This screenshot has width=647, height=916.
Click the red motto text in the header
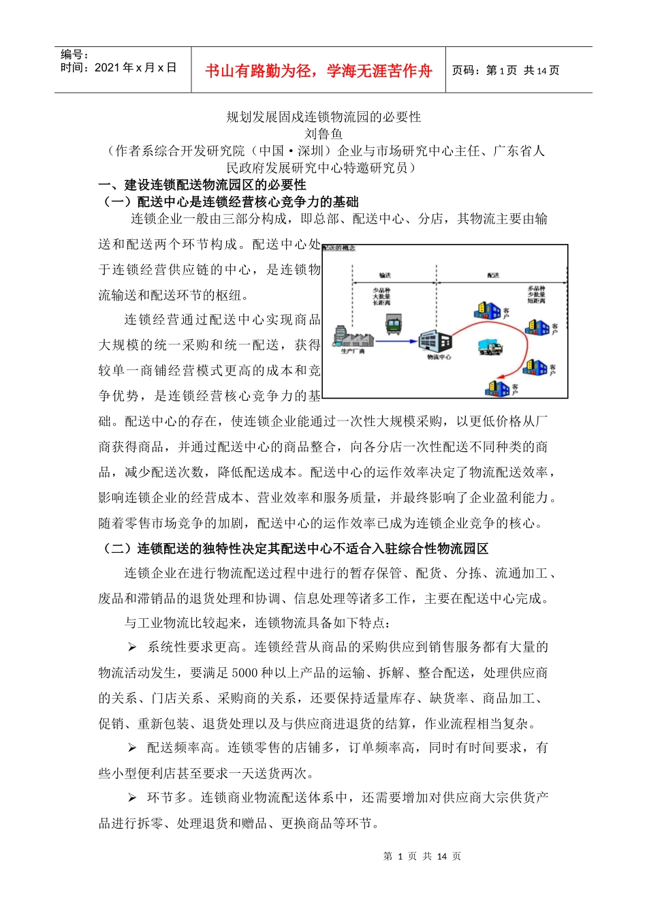[x=318, y=71]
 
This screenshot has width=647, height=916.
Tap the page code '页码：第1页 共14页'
[x=505, y=70]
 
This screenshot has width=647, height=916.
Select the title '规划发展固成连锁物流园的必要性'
[x=323, y=117]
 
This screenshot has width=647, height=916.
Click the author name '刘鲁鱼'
[x=323, y=134]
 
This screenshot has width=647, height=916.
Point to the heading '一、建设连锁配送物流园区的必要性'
[x=202, y=185]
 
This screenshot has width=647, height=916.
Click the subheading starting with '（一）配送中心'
[x=229, y=202]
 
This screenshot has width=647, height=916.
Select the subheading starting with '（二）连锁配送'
[x=294, y=549]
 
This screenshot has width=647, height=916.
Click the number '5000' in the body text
[x=244, y=673]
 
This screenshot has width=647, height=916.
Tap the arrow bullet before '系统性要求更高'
[x=132, y=647]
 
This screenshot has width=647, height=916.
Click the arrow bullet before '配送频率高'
[x=132, y=748]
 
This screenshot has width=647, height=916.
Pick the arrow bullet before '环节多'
[x=132, y=797]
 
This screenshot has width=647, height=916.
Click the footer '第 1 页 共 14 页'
[x=422, y=856]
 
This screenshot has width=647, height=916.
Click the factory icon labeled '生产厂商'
[x=353, y=337]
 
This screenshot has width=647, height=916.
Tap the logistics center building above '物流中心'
[x=435, y=339]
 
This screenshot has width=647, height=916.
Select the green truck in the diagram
[x=393, y=323]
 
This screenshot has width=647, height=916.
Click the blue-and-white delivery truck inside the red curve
[x=490, y=347]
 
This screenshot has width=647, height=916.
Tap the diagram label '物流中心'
[x=439, y=356]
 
